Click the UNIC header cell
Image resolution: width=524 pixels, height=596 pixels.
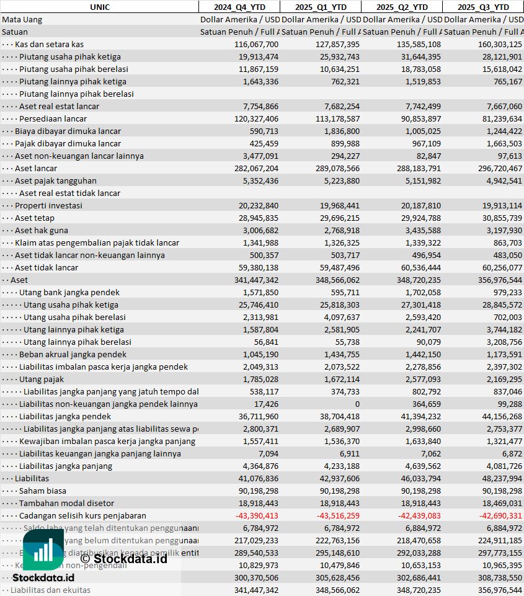coord(99,7)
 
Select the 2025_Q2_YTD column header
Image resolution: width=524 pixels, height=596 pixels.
coord(402,7)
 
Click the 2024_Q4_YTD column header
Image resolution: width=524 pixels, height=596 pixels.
coord(239,7)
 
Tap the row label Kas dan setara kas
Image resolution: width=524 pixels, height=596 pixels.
coord(50,44)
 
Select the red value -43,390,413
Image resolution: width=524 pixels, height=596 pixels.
coord(257,515)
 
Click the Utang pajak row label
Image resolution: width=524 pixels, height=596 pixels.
coord(42,379)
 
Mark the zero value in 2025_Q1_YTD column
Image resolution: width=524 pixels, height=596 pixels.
coord(357,404)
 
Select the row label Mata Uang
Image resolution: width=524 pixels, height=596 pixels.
coord(22,19)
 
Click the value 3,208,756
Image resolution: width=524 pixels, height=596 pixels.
coord(500,342)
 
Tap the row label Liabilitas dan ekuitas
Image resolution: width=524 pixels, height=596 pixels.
coord(50,590)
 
